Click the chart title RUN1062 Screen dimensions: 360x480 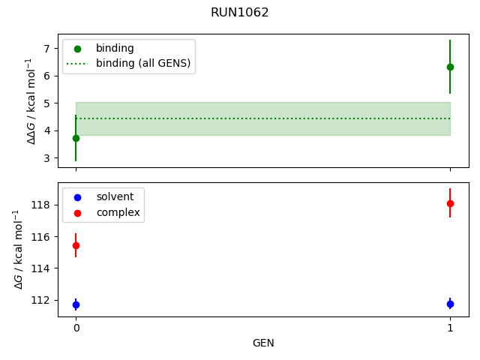click(x=240, y=13)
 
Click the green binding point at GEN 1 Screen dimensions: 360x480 click(x=450, y=67)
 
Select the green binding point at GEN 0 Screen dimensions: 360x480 click(x=76, y=138)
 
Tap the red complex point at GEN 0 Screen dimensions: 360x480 click(x=76, y=245)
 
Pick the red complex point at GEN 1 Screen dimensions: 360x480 click(x=450, y=203)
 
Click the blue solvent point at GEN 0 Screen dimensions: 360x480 click(x=76, y=304)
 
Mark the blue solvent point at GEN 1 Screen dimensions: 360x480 click(x=450, y=304)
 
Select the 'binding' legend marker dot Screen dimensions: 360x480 click(x=77, y=49)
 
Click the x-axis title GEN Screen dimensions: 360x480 click(x=262, y=343)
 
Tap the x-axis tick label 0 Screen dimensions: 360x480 click(x=76, y=328)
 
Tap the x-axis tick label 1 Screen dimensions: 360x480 click(x=450, y=328)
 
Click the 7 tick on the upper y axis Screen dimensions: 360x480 click(x=46, y=49)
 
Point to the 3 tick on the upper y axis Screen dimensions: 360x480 click(x=46, y=158)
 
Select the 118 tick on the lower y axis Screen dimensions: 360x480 click(x=41, y=205)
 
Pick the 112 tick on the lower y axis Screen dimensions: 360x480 click(x=41, y=300)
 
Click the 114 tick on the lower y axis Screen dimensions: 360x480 click(x=41, y=268)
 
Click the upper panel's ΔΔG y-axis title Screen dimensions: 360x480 click(x=30, y=101)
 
